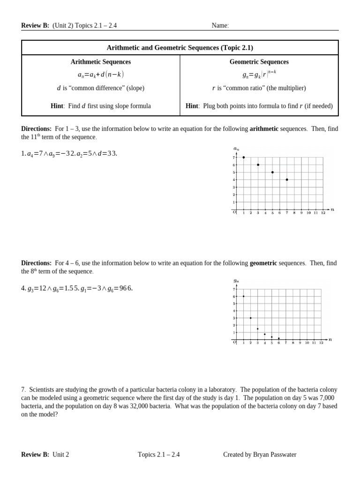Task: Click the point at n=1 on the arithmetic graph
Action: pos(244,157)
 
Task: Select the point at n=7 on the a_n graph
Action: pos(287,180)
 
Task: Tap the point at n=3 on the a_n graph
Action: pos(258,165)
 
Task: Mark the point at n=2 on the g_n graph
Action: pos(250,318)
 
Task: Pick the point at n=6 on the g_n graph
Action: pos(278,338)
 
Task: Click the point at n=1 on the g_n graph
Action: pos(243,296)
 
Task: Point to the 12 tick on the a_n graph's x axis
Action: pos(323,213)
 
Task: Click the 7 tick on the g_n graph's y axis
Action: pos(234,289)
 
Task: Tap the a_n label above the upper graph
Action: pos(236,149)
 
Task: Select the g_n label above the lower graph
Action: pos(236,280)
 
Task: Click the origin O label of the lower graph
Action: pos(234,342)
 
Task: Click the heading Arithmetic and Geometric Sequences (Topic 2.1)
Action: pos(180,48)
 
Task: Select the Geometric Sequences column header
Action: pos(259,62)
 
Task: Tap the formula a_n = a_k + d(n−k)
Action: pos(101,75)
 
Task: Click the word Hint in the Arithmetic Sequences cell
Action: pos(57,106)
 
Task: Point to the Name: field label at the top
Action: pos(220,25)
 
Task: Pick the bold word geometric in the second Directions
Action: pos(263,263)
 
